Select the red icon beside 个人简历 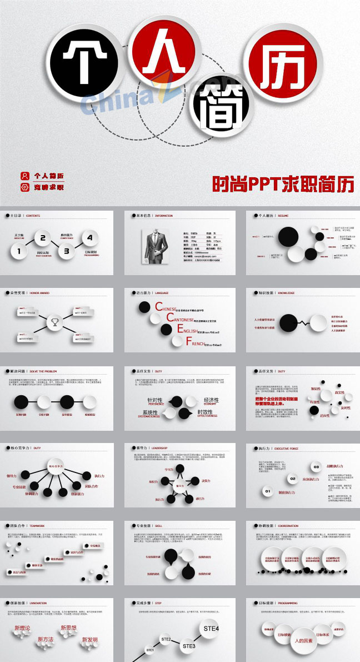click(x=24, y=176)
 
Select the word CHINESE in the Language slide click(x=166, y=308)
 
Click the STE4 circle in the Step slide click(x=212, y=629)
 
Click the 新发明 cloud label click(x=87, y=640)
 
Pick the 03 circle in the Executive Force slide click(x=316, y=466)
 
